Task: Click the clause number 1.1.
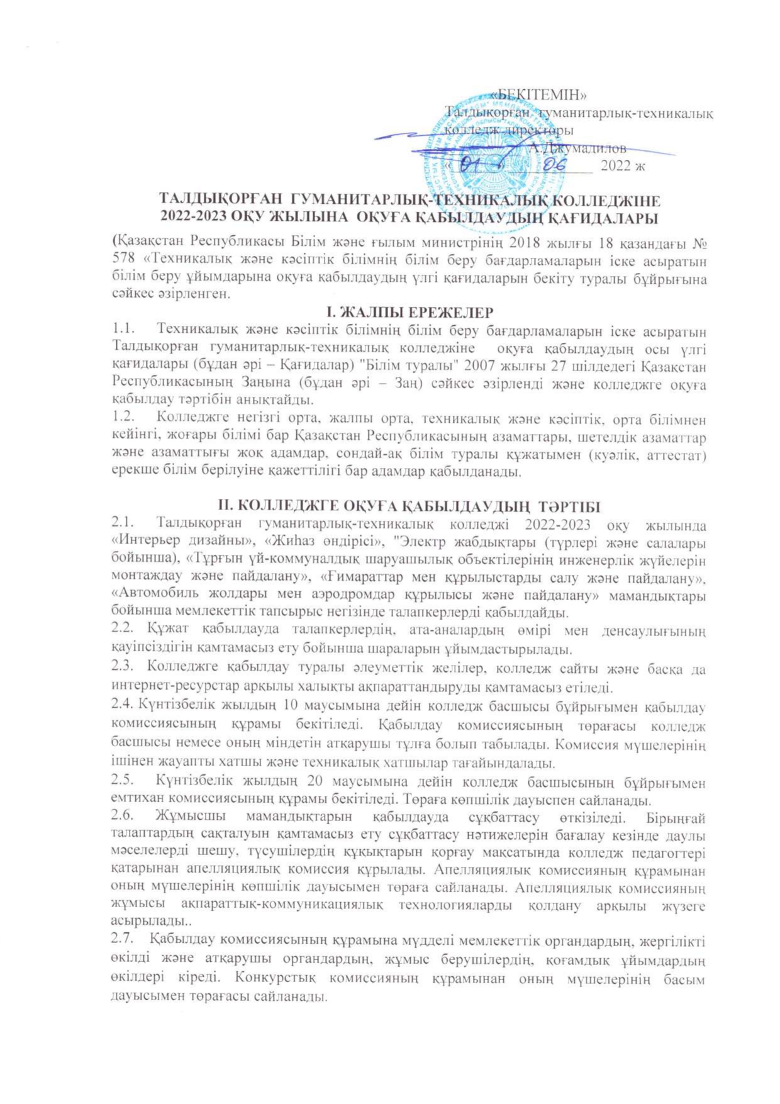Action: click(124, 330)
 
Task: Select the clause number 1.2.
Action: click(124, 418)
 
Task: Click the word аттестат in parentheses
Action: click(675, 453)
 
